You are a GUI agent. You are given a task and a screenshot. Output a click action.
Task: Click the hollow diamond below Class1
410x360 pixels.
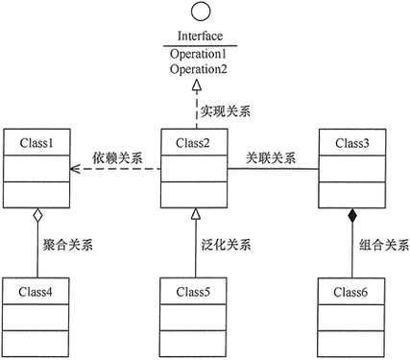click(x=36, y=216)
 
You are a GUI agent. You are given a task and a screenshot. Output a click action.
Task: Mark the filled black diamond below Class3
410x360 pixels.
click(x=352, y=216)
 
